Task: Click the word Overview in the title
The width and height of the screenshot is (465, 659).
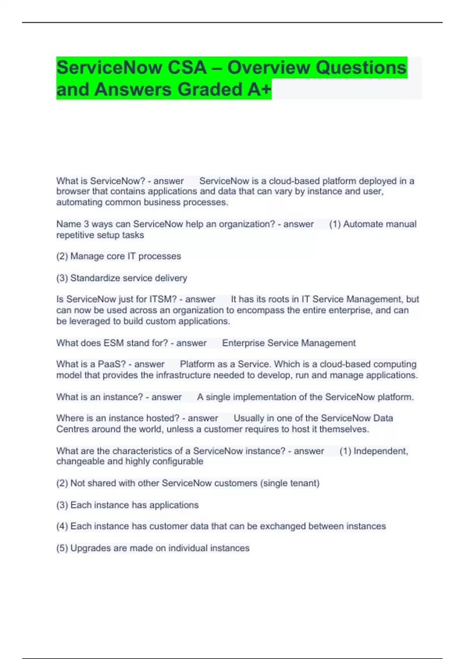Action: click(x=269, y=67)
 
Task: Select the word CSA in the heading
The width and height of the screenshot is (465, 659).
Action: click(x=188, y=67)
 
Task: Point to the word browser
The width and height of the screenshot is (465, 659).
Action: click(x=73, y=191)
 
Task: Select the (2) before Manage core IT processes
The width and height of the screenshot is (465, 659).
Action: click(x=62, y=256)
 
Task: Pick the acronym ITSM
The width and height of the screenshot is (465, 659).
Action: click(x=163, y=299)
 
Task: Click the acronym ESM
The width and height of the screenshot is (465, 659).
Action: click(x=113, y=343)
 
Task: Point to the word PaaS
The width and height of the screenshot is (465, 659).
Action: click(x=112, y=364)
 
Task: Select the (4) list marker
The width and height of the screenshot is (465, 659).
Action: click(x=62, y=526)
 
